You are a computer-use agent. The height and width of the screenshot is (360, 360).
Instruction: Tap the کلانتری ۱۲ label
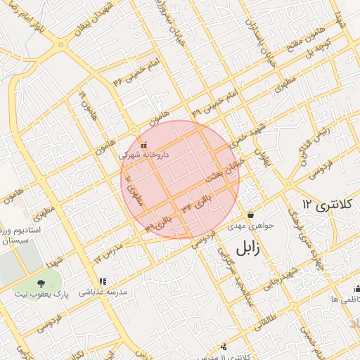click(x=325, y=205)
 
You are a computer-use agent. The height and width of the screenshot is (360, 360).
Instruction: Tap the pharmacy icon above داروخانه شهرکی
click(x=143, y=144)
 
